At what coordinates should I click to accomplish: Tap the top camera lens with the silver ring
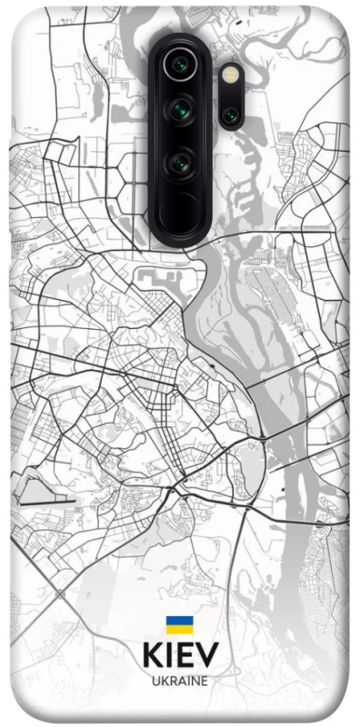[179, 65]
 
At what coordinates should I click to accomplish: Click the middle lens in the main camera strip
[179, 114]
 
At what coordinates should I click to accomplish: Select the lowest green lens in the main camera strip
[179, 164]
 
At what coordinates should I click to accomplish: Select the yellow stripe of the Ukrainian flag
[179, 630]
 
